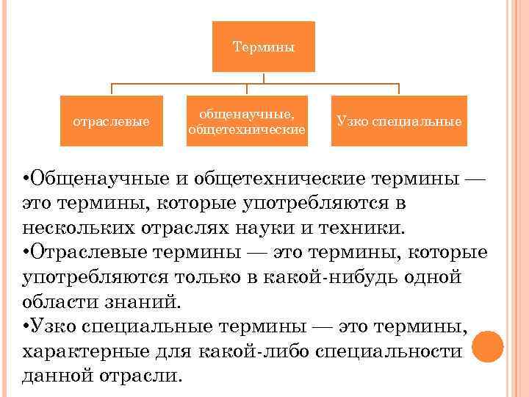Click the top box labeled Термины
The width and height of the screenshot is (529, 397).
tap(263, 47)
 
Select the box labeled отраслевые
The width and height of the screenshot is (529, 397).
tap(111, 121)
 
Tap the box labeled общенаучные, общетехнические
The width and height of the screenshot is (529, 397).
tap(247, 121)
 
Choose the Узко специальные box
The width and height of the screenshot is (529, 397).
tap(399, 121)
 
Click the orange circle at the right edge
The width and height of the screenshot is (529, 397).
tap(488, 346)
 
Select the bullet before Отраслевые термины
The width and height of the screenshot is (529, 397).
tap(26, 253)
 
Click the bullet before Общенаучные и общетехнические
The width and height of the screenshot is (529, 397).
tap(26, 178)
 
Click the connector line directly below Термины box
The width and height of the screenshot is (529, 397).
tap(263, 78)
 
